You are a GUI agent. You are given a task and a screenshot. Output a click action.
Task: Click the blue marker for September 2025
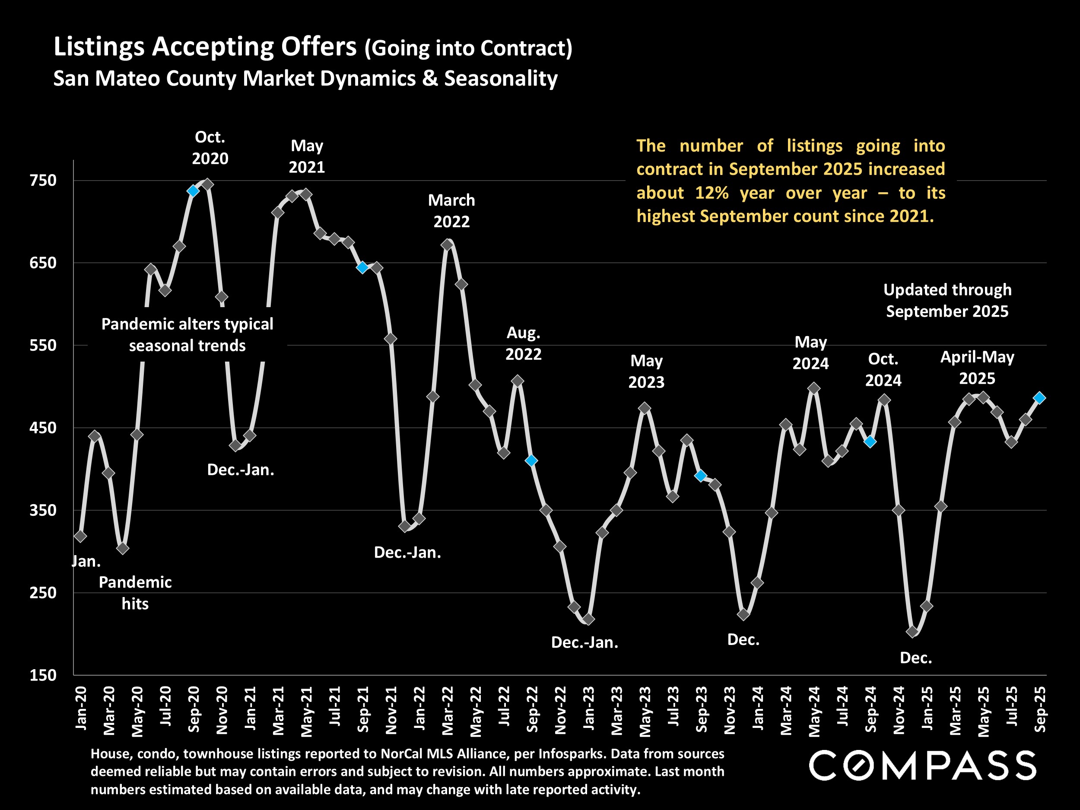pyautogui.click(x=1039, y=398)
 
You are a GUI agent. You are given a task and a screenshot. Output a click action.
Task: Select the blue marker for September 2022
pyautogui.click(x=531, y=461)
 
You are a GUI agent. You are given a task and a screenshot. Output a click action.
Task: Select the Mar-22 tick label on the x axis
pyautogui.click(x=448, y=710)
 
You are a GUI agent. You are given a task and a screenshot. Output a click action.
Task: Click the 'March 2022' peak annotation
pyautogui.click(x=451, y=210)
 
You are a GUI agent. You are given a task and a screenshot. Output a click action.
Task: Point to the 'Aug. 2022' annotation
pyautogui.click(x=523, y=343)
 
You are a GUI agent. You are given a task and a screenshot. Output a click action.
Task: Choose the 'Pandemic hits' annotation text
pyautogui.click(x=135, y=593)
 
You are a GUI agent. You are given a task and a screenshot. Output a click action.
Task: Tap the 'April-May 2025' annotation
pyautogui.click(x=977, y=368)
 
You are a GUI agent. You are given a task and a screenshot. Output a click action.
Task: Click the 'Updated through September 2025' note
pyautogui.click(x=947, y=300)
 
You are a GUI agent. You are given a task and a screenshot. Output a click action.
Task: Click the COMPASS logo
pyautogui.click(x=922, y=766)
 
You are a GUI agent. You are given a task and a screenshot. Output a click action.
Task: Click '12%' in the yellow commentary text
pyautogui.click(x=712, y=193)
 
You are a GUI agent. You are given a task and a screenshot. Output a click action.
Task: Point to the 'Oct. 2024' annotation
pyautogui.click(x=883, y=370)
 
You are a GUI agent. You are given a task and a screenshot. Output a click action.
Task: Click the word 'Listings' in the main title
pyautogui.click(x=98, y=48)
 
